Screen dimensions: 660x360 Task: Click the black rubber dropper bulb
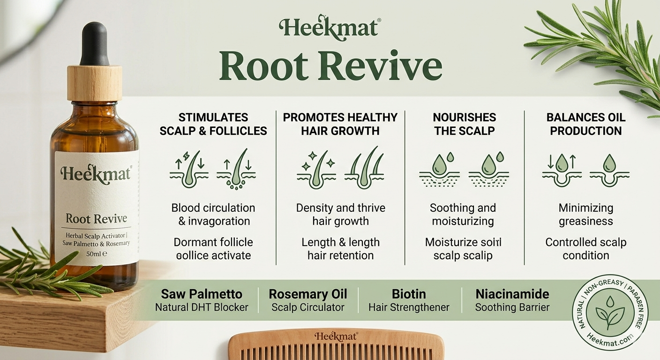tap(95, 44)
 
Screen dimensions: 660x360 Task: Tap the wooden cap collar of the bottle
tap(95, 83)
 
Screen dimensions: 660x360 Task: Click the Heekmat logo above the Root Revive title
tap(330, 29)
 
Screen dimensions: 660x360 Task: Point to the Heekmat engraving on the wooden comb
tap(336, 337)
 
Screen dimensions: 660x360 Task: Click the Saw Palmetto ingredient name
tap(202, 294)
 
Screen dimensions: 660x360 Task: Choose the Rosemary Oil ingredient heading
tap(308, 294)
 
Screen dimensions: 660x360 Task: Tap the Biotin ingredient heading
tap(409, 294)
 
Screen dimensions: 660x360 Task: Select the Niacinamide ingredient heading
tap(512, 294)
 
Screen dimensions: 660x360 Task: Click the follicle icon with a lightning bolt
tap(189, 169)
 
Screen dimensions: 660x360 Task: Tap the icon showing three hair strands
tap(364, 168)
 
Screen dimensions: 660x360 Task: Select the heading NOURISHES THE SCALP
tap(465, 124)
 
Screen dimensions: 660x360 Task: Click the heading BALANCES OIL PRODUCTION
tap(586, 124)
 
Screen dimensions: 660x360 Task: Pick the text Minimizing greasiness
tap(586, 215)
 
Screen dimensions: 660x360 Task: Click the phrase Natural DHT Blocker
tap(202, 307)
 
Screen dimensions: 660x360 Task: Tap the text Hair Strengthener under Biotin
tap(409, 307)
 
